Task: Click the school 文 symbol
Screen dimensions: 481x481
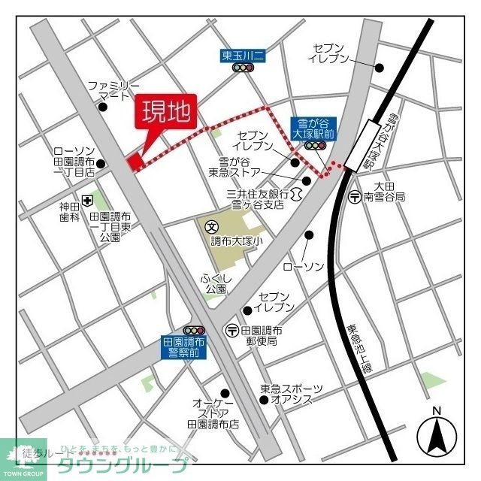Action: (x=212, y=225)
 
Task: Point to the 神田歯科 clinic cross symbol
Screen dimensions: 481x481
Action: (x=88, y=200)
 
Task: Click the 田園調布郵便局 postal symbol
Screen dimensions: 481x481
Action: (x=233, y=331)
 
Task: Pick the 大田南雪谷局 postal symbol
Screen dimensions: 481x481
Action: (x=354, y=197)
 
